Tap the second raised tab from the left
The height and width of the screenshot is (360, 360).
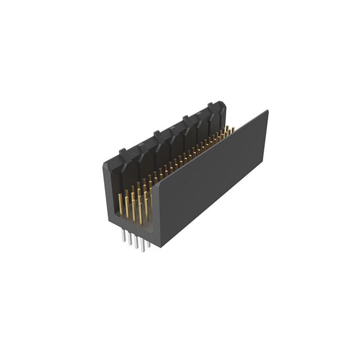click(157, 134)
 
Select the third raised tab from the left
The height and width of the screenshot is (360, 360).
click(186, 119)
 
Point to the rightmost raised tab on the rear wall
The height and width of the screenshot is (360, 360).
click(210, 105)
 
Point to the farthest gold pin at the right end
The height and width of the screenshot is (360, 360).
click(232, 130)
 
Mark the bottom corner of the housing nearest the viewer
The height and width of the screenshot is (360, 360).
click(159, 246)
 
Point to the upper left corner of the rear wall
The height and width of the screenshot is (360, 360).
click(105, 164)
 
